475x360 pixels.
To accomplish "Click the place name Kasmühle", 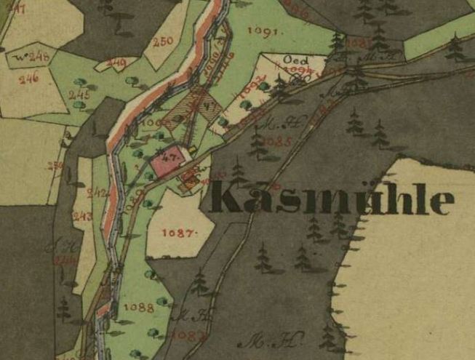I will [332, 199].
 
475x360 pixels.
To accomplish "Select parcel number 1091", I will [263, 31].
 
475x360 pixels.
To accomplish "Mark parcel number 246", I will [28, 79].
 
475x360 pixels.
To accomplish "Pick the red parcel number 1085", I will [279, 140].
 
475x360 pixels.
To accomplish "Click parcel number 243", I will [82, 216].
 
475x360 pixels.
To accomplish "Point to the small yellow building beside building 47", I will [193, 151].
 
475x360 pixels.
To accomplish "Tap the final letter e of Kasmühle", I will [442, 202].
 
